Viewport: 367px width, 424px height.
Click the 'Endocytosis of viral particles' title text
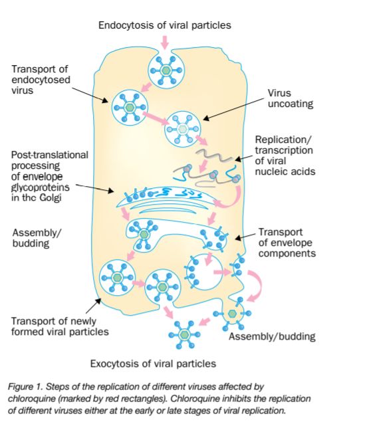click(164, 25)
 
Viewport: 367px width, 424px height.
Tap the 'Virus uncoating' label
click(291, 98)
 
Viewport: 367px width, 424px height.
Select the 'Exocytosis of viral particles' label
click(153, 364)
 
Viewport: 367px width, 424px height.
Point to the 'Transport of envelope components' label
click(287, 243)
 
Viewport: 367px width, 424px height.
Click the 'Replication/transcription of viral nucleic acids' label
click(285, 156)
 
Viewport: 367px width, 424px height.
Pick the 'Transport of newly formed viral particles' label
click(60, 326)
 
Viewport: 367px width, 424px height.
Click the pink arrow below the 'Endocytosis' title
click(165, 43)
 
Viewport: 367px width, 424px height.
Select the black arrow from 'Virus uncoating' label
click(233, 110)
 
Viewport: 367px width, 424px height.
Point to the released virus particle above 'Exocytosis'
click(184, 335)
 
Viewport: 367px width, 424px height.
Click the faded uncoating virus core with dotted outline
click(183, 129)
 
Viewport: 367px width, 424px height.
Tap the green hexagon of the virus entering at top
click(166, 70)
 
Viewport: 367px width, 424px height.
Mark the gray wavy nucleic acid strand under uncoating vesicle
click(213, 156)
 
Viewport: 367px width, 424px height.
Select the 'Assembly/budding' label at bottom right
click(272, 337)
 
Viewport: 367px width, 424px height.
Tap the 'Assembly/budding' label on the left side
click(37, 238)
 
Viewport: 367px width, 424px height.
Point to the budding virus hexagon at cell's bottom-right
click(232, 314)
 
